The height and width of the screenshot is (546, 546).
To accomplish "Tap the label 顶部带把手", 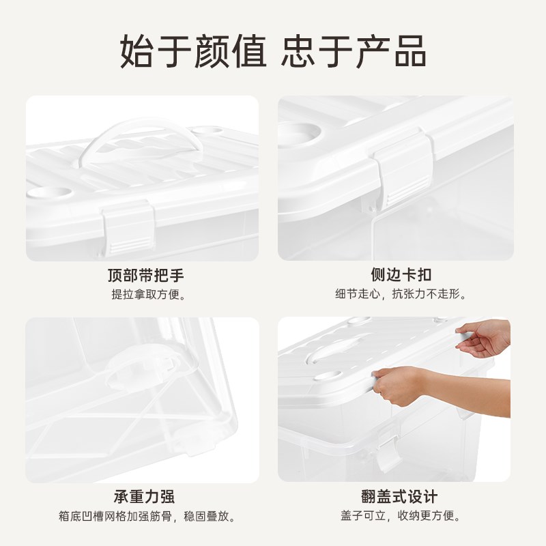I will [145, 276].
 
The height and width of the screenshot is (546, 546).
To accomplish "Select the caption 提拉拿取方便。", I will [145, 295].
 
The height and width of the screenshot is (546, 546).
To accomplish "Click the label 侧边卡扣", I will [400, 276].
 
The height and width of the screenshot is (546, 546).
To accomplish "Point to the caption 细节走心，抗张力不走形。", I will [400, 295].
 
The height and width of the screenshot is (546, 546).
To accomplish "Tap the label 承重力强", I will [145, 496].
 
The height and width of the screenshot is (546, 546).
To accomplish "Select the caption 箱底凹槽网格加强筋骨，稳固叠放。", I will [145, 516].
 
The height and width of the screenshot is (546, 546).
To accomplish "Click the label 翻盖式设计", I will [400, 496].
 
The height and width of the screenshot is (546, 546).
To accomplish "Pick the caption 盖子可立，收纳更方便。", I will [400, 516].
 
